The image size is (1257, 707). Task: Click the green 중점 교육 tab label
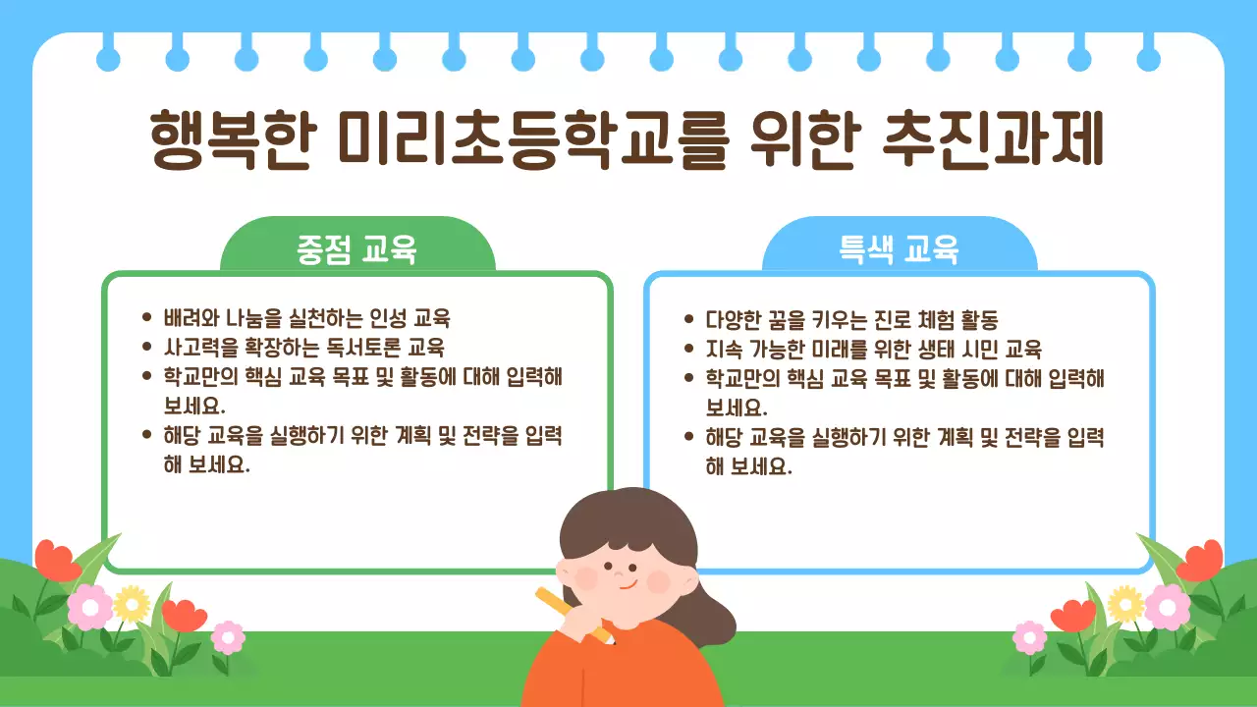click(x=356, y=249)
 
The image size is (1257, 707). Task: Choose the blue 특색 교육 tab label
click(x=899, y=249)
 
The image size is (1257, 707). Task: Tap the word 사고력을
click(x=196, y=348)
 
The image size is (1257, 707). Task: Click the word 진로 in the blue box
click(x=883, y=320)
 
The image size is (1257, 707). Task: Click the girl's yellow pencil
click(x=570, y=613)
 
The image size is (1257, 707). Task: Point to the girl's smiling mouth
click(x=628, y=585)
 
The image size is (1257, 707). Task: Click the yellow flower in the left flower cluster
click(x=131, y=604)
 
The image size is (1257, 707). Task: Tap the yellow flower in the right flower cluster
click(x=1125, y=604)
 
